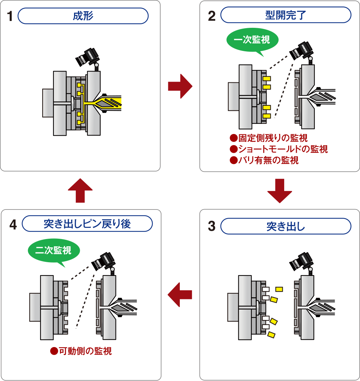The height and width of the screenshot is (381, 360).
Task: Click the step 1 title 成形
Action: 83,16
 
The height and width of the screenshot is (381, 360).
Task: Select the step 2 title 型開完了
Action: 286,16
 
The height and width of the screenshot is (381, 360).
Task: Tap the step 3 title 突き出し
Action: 286,227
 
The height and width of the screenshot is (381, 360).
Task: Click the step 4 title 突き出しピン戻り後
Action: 87,224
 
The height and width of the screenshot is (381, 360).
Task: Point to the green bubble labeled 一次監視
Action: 252,40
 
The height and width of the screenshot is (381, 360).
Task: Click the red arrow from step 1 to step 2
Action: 180,86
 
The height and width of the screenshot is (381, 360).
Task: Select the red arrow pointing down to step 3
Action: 279,190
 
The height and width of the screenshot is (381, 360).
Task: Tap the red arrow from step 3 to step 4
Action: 180,295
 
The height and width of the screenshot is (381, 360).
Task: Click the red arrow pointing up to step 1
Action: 80,190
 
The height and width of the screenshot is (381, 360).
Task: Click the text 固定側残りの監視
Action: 269,138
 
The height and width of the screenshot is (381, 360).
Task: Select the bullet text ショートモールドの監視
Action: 279,149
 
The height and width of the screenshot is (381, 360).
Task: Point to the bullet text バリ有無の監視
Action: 264,160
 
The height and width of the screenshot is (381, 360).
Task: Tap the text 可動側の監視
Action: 81,351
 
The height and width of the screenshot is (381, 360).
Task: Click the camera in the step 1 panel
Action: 87,56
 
